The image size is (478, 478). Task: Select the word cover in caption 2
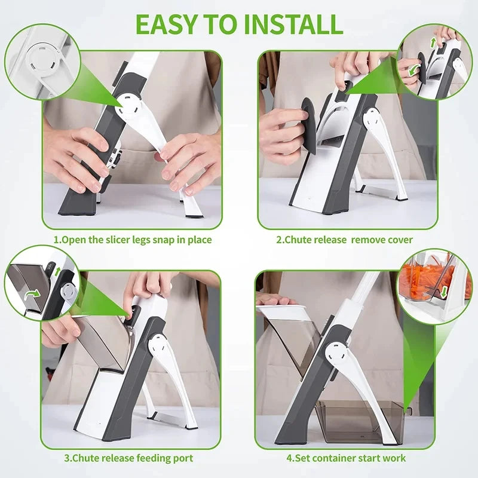399,240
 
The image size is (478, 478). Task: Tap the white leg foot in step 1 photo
192,207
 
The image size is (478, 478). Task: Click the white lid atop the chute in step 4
281,310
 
